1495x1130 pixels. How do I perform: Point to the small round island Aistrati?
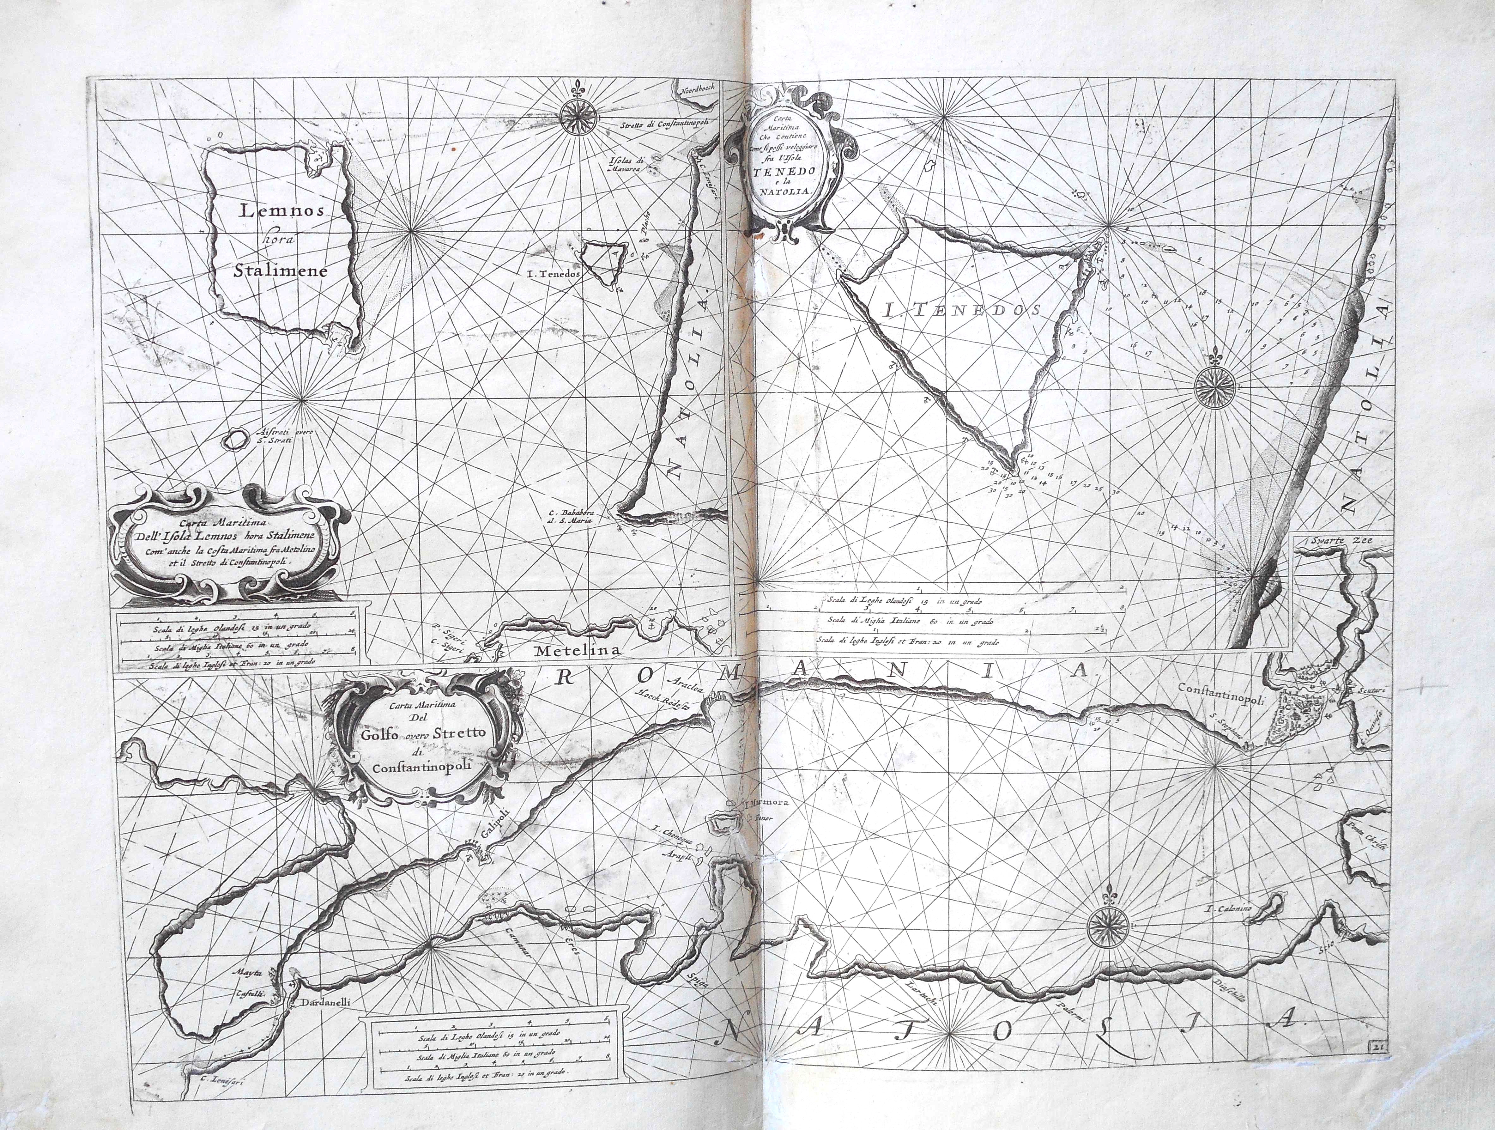coord(234,440)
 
